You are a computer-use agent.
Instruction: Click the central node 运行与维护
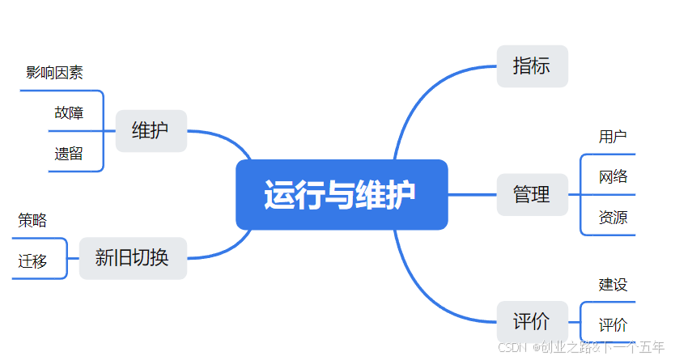pos(341,195)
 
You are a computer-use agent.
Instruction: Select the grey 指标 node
pos(532,66)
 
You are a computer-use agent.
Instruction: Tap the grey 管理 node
pos(532,194)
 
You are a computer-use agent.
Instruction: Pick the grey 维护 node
pos(151,130)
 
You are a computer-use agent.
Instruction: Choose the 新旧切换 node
pos(133,258)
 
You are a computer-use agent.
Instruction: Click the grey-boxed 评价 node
pos(532,321)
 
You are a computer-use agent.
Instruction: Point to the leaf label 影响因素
pos(54,73)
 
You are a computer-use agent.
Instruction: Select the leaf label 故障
pos(69,112)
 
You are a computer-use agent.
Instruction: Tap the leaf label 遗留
pos(69,154)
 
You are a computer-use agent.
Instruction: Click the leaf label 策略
pos(32,220)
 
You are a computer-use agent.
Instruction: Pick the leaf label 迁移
pos(32,260)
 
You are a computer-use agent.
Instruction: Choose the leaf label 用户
pos(613,136)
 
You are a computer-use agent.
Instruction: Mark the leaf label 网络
pos(613,176)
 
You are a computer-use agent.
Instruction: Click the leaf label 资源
pos(613,217)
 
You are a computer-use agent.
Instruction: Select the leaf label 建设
pos(613,284)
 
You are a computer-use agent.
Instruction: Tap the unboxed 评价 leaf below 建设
pos(613,325)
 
